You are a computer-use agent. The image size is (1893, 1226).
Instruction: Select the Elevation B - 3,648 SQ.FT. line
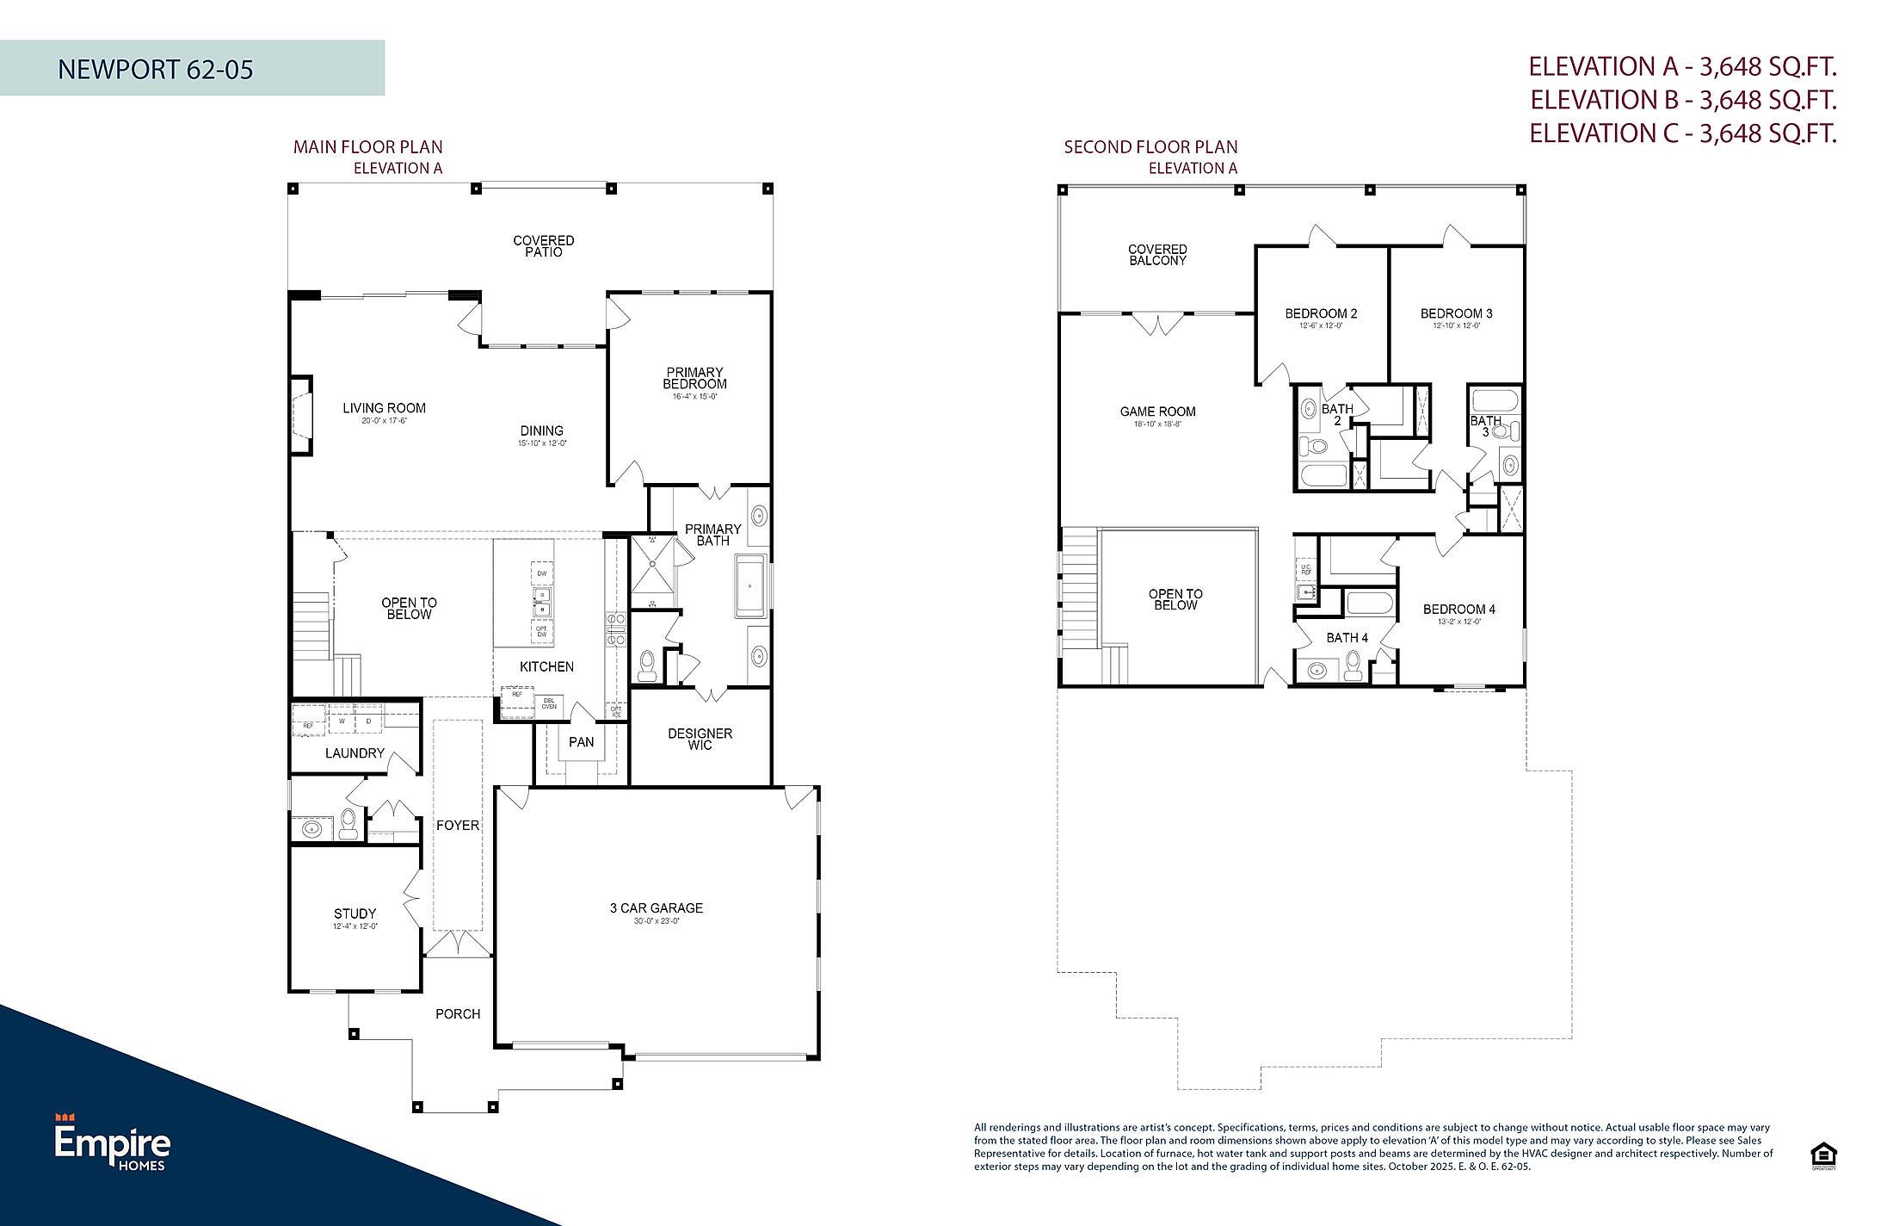tap(1683, 100)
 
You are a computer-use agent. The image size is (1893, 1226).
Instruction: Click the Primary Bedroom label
tap(694, 378)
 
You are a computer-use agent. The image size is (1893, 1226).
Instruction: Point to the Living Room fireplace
tap(301, 415)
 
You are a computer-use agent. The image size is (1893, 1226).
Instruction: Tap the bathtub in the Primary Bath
tap(751, 586)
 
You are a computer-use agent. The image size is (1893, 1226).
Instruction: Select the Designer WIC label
tap(700, 739)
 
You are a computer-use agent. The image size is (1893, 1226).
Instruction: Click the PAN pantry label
tap(581, 742)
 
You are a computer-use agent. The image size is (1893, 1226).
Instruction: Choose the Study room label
tap(355, 913)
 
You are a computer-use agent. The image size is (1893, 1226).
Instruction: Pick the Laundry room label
tap(355, 753)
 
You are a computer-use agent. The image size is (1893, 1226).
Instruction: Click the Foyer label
tap(457, 825)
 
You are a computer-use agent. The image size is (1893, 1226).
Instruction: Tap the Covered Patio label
tap(543, 246)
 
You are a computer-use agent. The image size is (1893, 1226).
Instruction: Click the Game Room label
tap(1157, 412)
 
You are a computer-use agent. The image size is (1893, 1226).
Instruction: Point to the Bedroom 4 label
tap(1458, 610)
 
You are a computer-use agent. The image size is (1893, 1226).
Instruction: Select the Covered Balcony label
tap(1157, 255)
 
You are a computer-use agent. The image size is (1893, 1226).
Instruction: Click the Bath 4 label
tap(1347, 638)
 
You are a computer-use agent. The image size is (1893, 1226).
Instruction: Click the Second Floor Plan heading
tap(1150, 147)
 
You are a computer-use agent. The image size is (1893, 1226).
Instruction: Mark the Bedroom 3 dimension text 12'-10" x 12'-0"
tap(1456, 325)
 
